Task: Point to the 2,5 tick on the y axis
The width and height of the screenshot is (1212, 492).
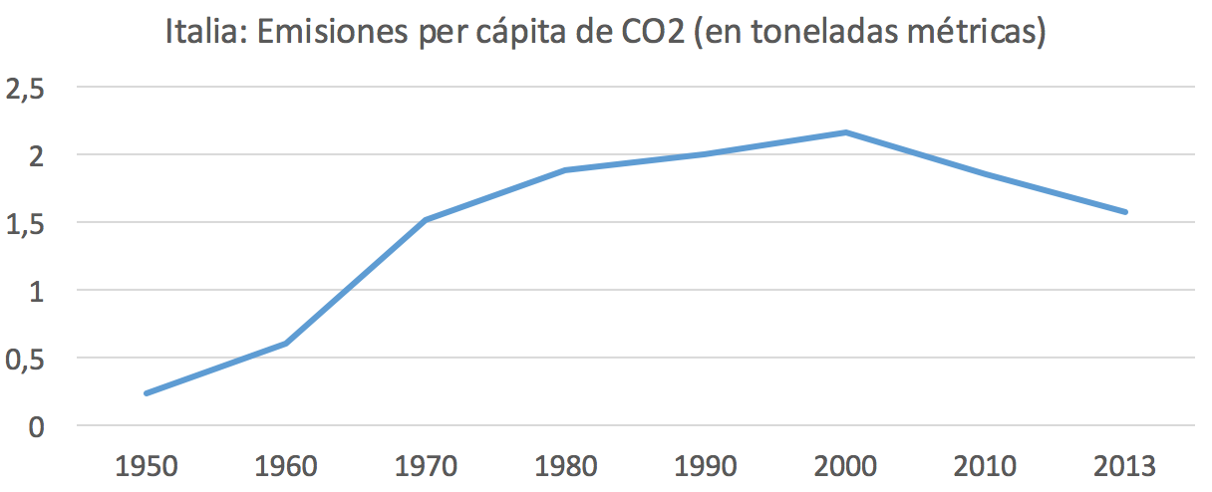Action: tap(27, 90)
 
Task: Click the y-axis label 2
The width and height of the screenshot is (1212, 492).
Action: tap(37, 156)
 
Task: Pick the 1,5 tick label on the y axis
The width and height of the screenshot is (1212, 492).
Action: tap(27, 224)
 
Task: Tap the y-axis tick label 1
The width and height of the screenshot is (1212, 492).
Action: tap(37, 291)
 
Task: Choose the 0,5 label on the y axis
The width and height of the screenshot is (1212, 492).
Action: tap(27, 359)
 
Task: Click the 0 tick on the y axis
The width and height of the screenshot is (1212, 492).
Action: tap(37, 426)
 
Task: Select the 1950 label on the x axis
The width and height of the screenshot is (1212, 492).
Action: tap(147, 466)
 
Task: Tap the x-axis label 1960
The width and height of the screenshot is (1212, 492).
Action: tap(287, 466)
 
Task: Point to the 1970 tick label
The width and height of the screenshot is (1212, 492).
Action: tap(427, 466)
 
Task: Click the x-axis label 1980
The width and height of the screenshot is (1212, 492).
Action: tap(566, 466)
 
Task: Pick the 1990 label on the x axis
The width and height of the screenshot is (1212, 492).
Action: tap(706, 466)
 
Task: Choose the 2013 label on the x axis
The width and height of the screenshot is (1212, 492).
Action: tap(1125, 466)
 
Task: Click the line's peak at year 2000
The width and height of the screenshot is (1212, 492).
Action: tap(846, 132)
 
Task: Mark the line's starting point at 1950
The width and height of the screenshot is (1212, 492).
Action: tap(147, 393)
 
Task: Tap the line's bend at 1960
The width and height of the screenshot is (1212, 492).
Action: tap(287, 344)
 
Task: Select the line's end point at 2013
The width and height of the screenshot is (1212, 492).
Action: tap(1125, 212)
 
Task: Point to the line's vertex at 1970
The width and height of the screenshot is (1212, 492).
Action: tap(427, 220)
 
